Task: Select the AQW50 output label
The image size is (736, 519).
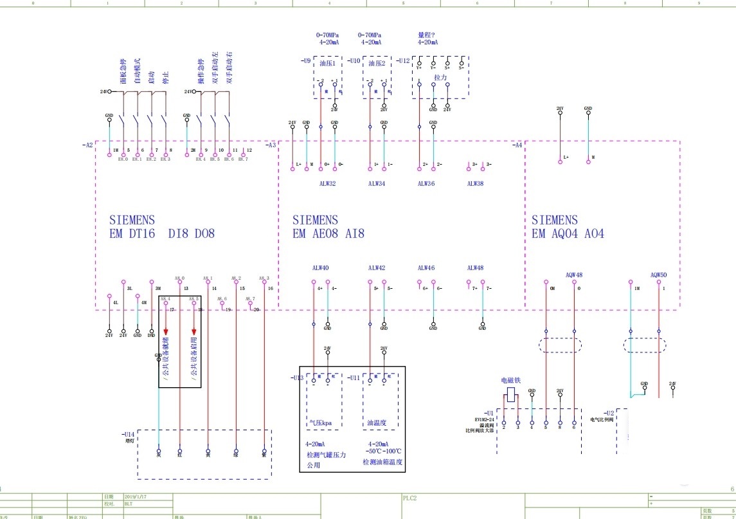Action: [x=658, y=275]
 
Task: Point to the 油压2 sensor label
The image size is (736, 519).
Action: [x=377, y=64]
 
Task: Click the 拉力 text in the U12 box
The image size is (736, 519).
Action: [x=440, y=77]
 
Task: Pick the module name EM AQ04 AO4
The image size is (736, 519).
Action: [x=568, y=234]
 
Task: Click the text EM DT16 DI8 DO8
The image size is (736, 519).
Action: [x=162, y=234]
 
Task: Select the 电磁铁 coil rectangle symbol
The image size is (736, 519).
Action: [x=511, y=395]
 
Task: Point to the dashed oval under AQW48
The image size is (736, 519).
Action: [x=560, y=345]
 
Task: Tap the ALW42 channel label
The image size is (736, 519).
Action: [x=377, y=268]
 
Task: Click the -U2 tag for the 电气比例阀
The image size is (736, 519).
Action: [x=609, y=412]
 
